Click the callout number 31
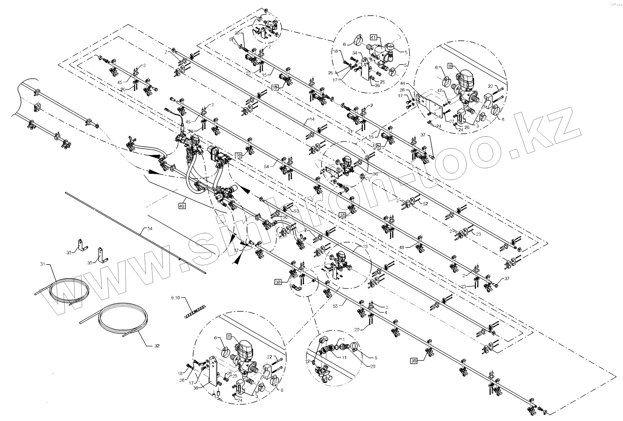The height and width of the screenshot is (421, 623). pos(42,264)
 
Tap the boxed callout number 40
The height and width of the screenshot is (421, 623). pos(182,206)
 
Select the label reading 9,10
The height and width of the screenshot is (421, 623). pos(175,298)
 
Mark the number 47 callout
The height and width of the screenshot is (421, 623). pos(440,90)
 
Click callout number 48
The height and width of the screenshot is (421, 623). pos(401,248)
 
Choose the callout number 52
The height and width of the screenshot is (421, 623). pos(425,204)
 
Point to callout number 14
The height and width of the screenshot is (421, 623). pos(312,119)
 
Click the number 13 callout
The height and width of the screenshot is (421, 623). pos(365,246)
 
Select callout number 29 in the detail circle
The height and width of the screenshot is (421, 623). pos(373,366)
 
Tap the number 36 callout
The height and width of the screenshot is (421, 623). pos(195,388)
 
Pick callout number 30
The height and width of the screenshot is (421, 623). pos(237,33)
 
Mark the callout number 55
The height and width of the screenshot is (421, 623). pos(335,306)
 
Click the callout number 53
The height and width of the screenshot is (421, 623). pos(296,211)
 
